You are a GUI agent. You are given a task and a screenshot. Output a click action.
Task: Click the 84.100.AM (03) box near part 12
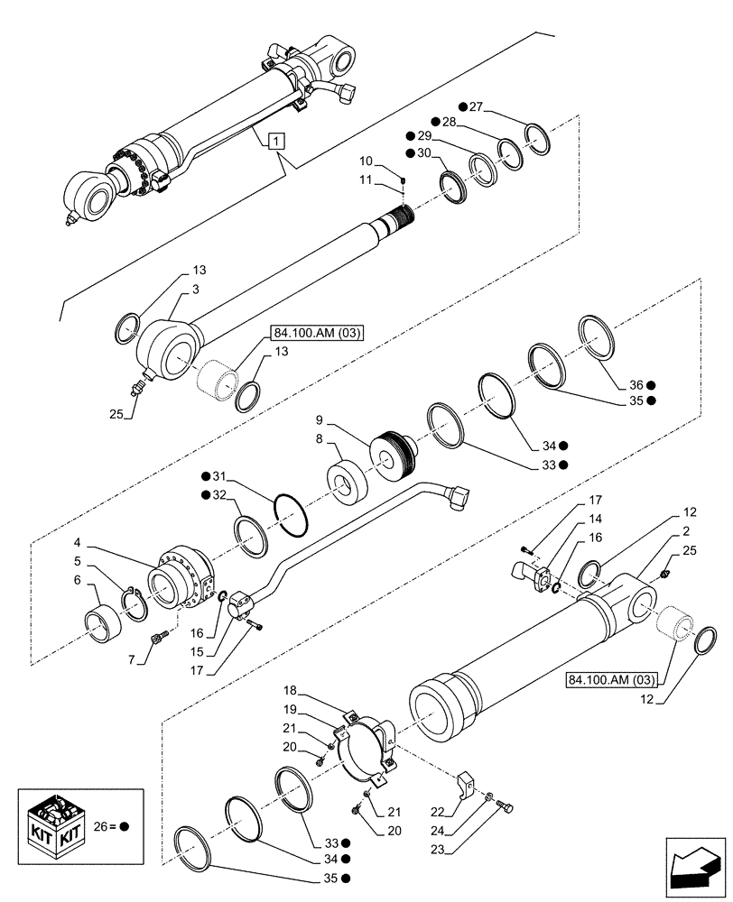(613, 677)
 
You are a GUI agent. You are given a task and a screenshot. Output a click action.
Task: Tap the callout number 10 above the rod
(366, 161)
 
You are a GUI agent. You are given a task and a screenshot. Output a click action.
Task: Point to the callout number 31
(222, 476)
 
